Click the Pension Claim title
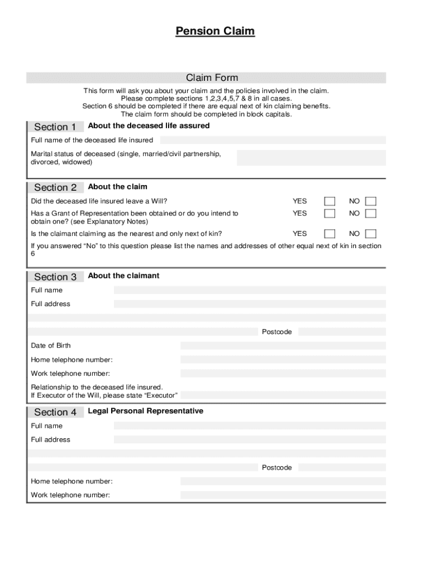[215, 31]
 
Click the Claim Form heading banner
[212, 78]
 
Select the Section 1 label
[55, 127]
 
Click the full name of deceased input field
[273, 140]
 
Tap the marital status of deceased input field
[311, 158]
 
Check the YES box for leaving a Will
[330, 201]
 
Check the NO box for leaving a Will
[371, 201]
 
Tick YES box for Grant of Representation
[330, 214]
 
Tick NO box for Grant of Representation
[371, 214]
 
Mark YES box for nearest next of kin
[330, 234]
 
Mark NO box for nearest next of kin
[371, 234]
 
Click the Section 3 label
[55, 277]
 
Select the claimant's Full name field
[250, 290]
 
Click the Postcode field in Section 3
[341, 332]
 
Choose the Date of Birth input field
[283, 346]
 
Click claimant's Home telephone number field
[283, 360]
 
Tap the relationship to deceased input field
[283, 395]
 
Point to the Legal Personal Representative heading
[145, 411]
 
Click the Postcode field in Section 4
[341, 467]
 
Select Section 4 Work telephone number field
[283, 495]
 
